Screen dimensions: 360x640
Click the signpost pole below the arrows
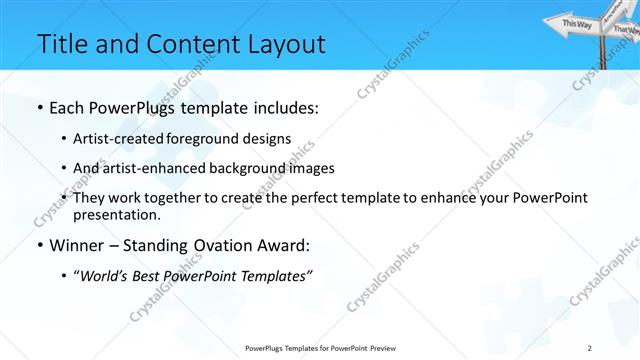[603, 55]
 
